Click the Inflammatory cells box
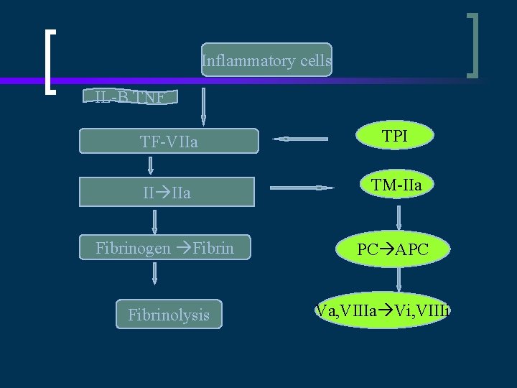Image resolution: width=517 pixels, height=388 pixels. (266, 61)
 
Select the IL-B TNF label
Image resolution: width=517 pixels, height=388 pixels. (130, 96)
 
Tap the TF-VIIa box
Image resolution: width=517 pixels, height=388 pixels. (169, 142)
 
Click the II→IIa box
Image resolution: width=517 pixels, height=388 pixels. (167, 192)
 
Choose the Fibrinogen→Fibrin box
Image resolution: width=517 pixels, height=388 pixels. (164, 247)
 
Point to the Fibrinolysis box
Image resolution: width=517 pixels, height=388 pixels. (169, 314)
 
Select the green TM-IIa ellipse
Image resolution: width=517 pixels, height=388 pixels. (397, 186)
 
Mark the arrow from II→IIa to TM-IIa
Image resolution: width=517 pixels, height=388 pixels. (302, 188)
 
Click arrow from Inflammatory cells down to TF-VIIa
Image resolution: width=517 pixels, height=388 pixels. (203, 106)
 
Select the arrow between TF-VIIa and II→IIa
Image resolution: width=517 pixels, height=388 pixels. (152, 166)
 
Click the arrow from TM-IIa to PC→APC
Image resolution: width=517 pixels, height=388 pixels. (399, 217)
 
